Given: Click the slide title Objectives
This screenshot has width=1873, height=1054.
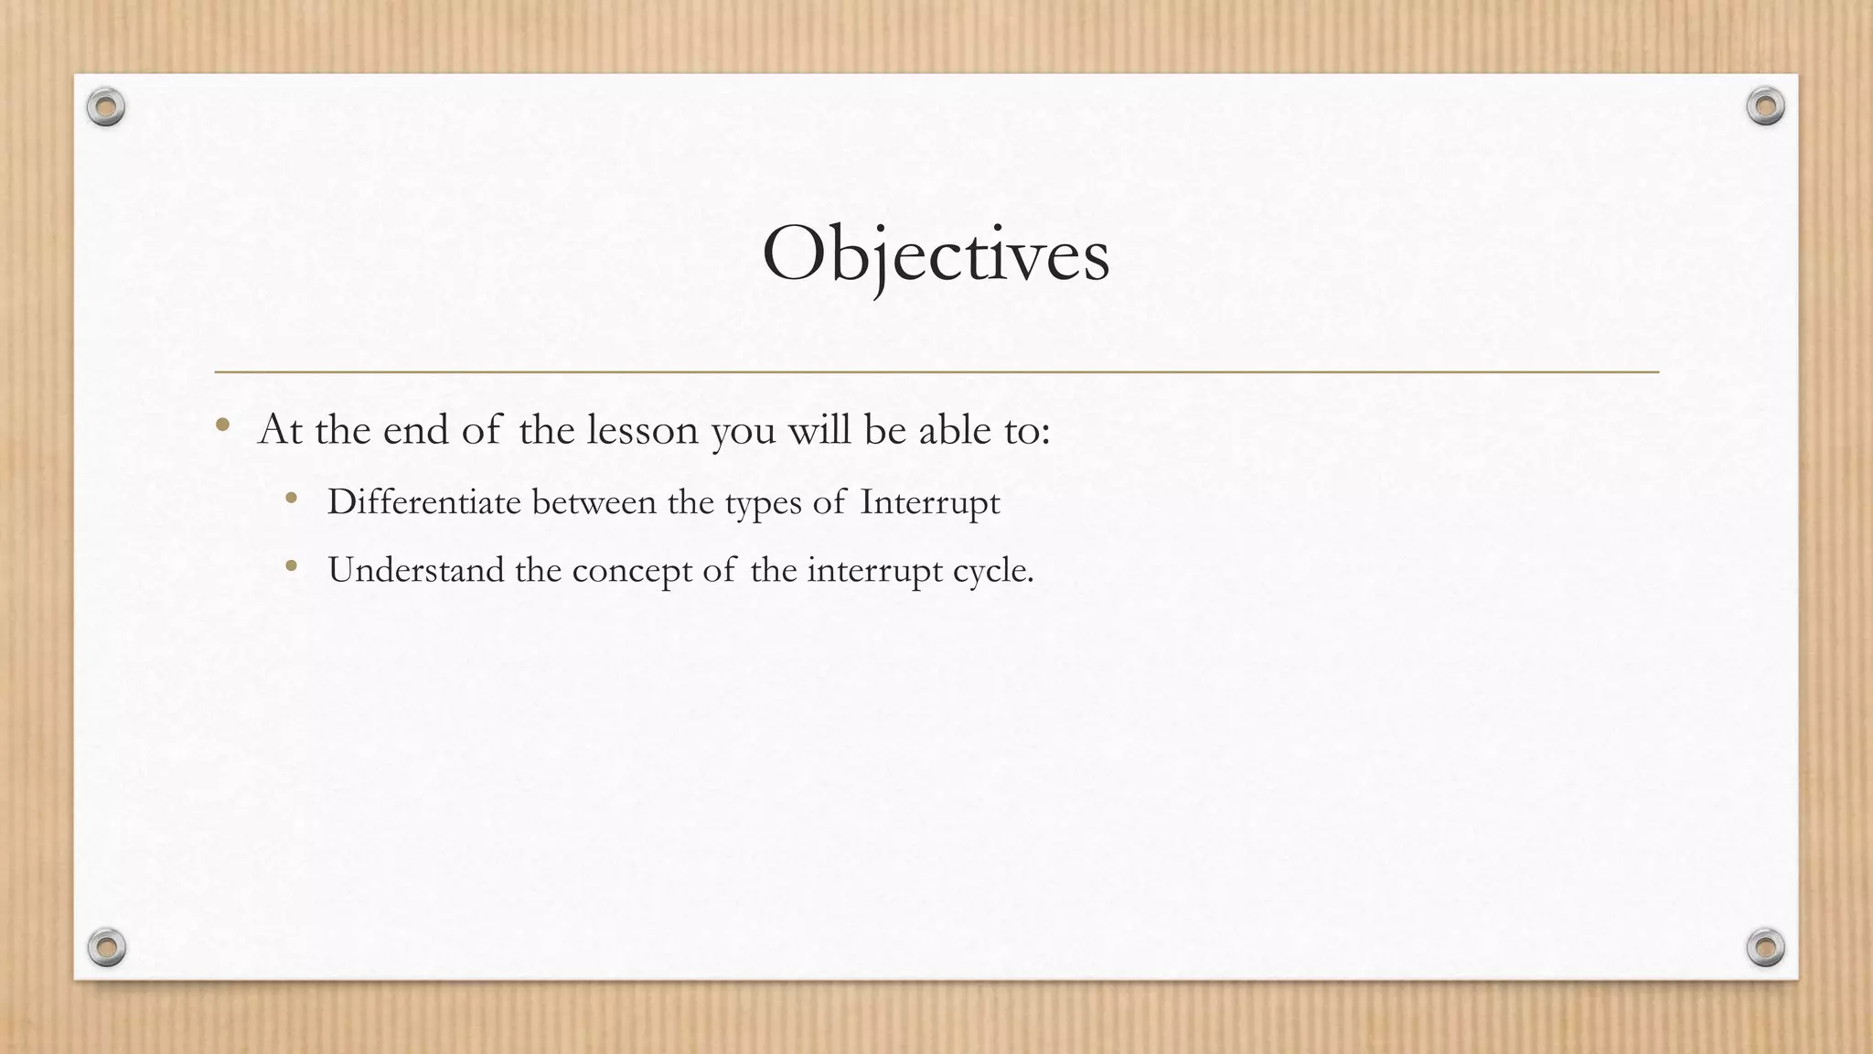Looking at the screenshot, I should (936, 255).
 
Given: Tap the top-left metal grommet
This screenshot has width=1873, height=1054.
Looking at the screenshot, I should (106, 108).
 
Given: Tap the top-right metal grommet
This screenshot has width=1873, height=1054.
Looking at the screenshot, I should (1765, 107).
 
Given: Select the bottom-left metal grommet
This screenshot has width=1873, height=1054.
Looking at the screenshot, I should (106, 947).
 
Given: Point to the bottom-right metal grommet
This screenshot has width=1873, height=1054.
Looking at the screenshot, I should (1765, 947).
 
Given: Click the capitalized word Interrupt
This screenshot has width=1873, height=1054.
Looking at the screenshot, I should (929, 503).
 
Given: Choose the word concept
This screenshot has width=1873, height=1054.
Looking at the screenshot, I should (632, 572).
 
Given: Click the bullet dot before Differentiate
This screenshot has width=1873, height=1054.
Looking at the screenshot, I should (292, 499).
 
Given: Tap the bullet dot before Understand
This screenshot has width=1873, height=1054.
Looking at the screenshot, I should (292, 566).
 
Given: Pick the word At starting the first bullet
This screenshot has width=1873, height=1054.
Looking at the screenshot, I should (280, 430).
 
